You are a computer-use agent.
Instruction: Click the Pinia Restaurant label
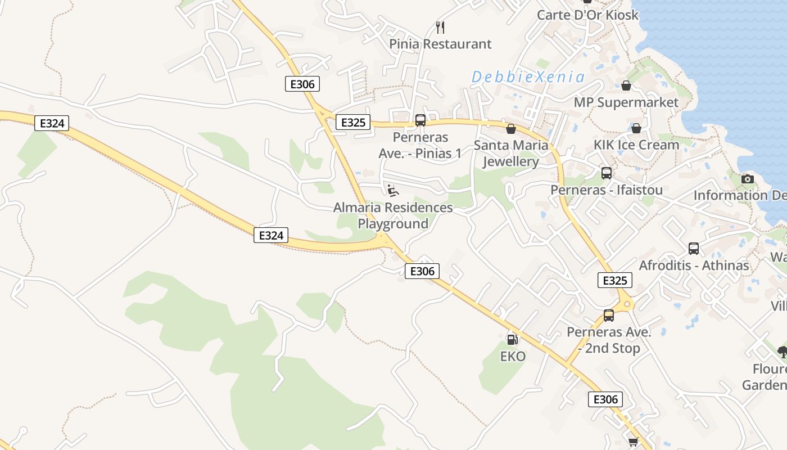440,44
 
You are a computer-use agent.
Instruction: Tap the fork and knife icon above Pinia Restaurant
440,27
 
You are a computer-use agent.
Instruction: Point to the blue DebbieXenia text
528,77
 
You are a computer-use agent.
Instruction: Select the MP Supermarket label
626,102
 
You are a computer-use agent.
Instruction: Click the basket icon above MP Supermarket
626,85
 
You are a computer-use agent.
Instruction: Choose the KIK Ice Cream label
636,145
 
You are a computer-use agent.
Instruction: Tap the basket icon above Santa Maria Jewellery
511,129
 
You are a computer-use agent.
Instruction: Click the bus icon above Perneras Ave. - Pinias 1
420,120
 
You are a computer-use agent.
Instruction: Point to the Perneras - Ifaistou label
606,190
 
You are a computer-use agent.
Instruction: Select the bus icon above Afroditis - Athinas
694,248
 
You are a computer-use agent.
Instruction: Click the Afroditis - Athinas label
694,265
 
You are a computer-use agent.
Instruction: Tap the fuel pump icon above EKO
512,339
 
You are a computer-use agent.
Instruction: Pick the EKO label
513,356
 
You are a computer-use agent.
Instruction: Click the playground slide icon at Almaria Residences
393,191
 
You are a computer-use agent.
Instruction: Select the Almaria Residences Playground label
393,215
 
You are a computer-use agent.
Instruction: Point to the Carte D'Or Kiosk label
587,15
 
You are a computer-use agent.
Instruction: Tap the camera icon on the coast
747,179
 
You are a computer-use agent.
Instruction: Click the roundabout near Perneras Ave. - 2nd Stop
625,305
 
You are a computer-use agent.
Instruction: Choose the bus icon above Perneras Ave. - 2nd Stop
609,316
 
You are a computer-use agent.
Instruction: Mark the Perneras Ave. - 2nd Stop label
609,340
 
